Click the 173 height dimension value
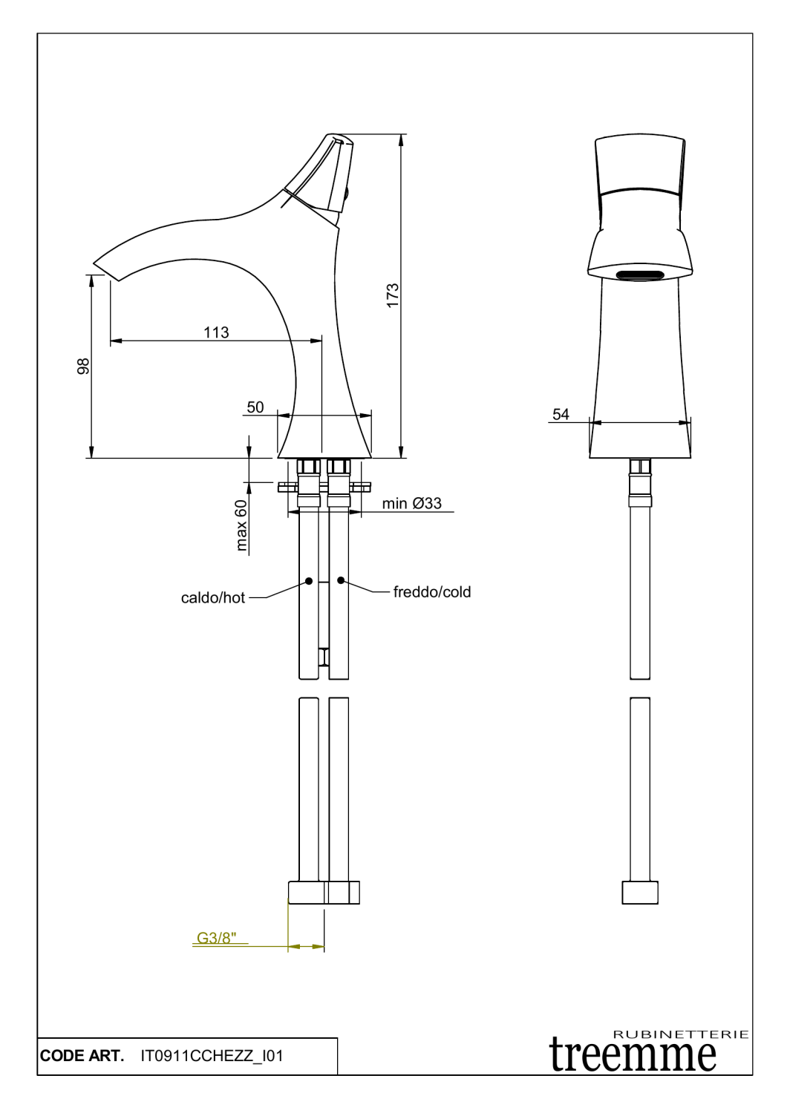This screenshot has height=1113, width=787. coord(393,295)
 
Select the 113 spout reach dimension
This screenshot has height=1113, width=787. coord(216,332)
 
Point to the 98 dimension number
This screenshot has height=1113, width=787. coord(83,366)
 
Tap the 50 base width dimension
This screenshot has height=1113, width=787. coord(255,407)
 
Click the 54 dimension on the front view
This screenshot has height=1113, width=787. coord(561,414)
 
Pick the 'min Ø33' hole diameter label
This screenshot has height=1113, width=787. coord(411,503)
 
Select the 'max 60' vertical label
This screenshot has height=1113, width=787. coord(241,525)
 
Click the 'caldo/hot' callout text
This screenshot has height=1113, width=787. coord(212,597)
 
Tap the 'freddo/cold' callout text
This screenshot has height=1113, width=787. coord(432,591)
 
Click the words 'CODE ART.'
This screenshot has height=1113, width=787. coord(82,1055)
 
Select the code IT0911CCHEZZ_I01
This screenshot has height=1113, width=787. coord(212,1055)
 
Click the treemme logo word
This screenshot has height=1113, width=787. coord(633,1054)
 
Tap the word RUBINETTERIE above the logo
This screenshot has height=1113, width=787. coord(680,1034)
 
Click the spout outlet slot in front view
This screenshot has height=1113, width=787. coord(640,275)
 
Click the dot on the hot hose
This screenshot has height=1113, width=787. coord(309,580)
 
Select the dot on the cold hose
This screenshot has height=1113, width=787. coord(341,580)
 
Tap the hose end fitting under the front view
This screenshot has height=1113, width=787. coord(640,892)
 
